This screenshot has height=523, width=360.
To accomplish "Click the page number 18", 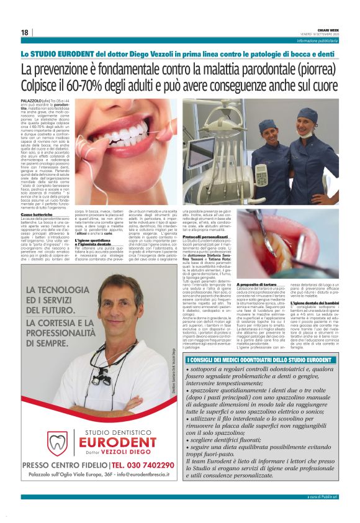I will click(x=24, y=32).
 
